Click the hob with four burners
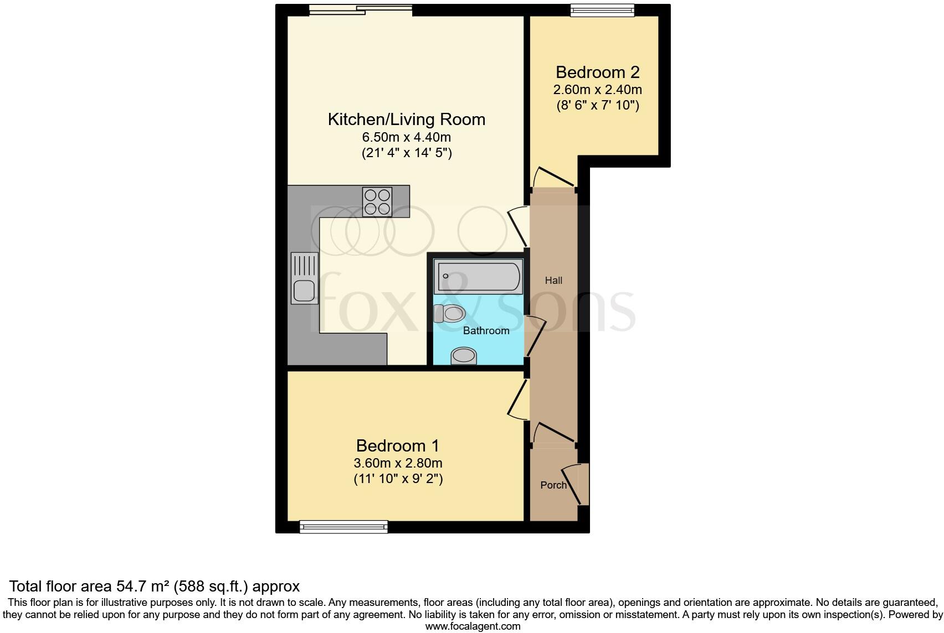[377, 202]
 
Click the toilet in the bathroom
[450, 314]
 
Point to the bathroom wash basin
[464, 356]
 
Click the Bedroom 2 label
[597, 72]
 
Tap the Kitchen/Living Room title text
[406, 120]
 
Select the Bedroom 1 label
[397, 445]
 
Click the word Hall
[553, 281]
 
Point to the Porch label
[553, 485]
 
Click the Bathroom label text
[486, 331]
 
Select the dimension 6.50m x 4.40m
[406, 137]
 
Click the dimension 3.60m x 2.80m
[398, 463]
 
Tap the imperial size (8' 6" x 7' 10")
[597, 106]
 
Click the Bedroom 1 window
[343, 527]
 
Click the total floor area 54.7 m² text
[155, 586]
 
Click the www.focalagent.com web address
[473, 626]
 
